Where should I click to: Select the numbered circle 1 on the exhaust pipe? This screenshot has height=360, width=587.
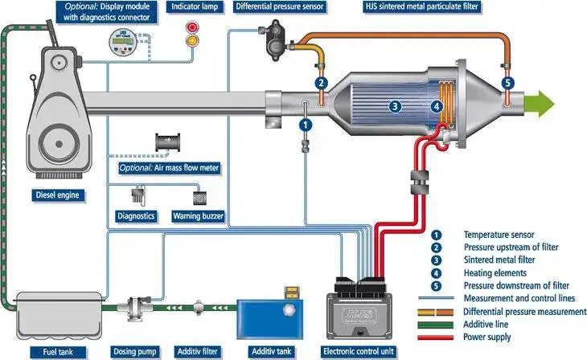point(305,125)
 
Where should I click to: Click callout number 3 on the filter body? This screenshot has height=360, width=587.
point(395,105)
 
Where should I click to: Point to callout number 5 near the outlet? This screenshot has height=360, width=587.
point(507,82)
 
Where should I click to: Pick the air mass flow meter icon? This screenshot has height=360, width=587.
point(168,142)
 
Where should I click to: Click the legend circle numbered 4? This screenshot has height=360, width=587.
point(437,273)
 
